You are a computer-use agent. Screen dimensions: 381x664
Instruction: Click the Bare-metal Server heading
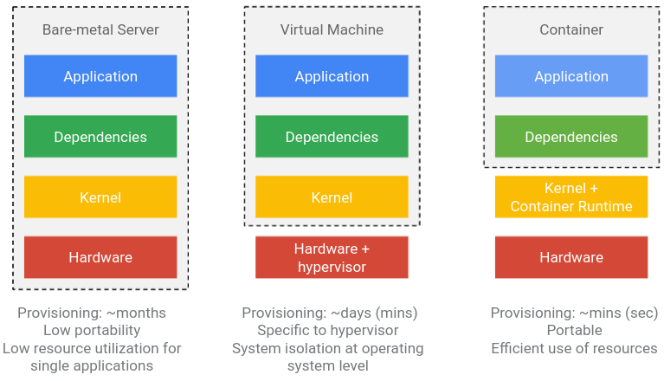[100, 29]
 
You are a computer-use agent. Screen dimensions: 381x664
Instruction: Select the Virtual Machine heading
[332, 29]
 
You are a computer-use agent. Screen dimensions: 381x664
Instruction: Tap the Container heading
[571, 29]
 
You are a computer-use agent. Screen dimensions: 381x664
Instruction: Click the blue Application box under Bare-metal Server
[100, 76]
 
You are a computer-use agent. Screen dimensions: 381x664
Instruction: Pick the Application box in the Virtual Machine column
[332, 76]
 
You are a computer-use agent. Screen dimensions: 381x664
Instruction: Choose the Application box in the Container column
[571, 76]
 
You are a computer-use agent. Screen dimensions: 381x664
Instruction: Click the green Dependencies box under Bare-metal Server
[100, 137]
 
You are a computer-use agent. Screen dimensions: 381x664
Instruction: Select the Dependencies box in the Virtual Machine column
[332, 137]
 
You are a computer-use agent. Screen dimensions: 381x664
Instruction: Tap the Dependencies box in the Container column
[571, 137]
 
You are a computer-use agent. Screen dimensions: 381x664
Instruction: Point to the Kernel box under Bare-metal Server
[100, 197]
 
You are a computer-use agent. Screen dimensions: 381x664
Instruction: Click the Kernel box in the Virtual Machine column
[332, 197]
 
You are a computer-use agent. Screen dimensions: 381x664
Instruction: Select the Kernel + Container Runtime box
[571, 197]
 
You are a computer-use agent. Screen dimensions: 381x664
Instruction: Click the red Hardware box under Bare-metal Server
[100, 257]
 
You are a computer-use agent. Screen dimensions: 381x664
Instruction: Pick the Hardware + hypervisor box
[332, 257]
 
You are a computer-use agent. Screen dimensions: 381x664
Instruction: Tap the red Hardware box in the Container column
[571, 257]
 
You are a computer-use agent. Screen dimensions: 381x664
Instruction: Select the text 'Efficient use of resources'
[574, 348]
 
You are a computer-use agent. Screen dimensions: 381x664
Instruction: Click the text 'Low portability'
[92, 331]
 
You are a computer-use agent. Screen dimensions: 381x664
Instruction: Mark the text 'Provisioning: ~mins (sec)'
[574, 313]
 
